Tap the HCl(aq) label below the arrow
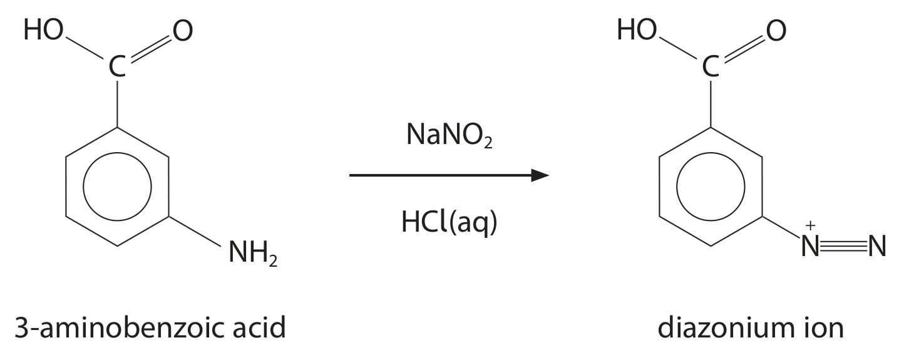449,223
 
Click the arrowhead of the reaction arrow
540,175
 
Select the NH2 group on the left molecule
253,253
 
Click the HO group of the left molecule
44,30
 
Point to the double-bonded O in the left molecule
183,31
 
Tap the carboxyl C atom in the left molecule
117,66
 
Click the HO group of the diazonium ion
637,30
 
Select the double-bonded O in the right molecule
776,31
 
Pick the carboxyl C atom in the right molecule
711,66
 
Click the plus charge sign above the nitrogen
810,225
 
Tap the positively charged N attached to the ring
810,246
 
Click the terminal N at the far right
877,246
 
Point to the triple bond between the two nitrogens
843,246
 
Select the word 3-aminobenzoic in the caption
119,327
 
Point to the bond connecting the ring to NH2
195,231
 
